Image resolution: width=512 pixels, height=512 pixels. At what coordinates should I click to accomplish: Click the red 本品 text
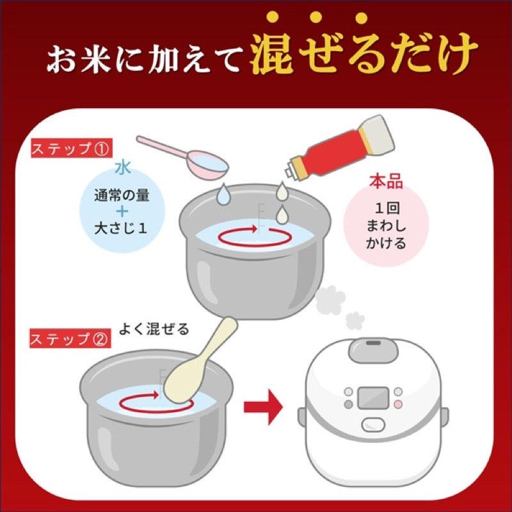[x=385, y=181]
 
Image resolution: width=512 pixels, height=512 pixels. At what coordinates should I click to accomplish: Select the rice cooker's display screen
[x=371, y=397]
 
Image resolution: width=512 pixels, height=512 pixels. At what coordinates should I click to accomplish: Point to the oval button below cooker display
[x=372, y=423]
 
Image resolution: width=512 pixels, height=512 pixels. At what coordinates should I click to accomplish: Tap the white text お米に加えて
[x=143, y=60]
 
